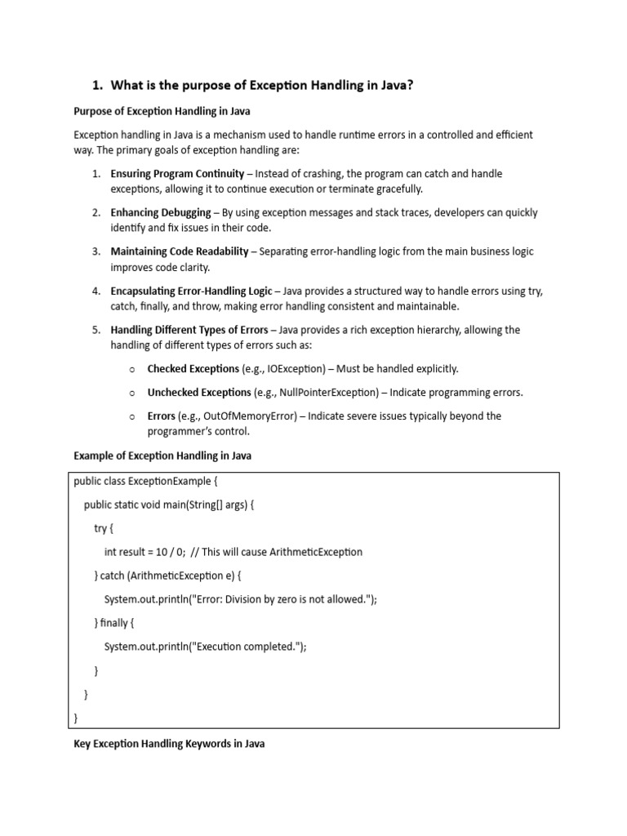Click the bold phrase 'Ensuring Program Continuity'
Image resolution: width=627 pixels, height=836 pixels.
point(177,174)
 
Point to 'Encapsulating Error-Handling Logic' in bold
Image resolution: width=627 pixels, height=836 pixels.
point(192,291)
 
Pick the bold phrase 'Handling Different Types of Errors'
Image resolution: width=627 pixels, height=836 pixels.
point(189,330)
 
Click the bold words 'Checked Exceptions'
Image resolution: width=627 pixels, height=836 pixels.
point(193,369)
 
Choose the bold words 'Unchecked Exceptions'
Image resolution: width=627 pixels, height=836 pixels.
point(199,393)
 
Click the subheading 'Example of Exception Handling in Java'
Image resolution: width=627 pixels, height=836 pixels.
point(162,456)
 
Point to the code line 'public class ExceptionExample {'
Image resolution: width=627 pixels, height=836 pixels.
point(145,482)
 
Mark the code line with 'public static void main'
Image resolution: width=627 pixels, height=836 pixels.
point(169,505)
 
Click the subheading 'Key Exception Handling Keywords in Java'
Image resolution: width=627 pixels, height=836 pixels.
point(169,744)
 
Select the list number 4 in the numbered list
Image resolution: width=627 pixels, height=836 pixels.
point(96,291)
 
